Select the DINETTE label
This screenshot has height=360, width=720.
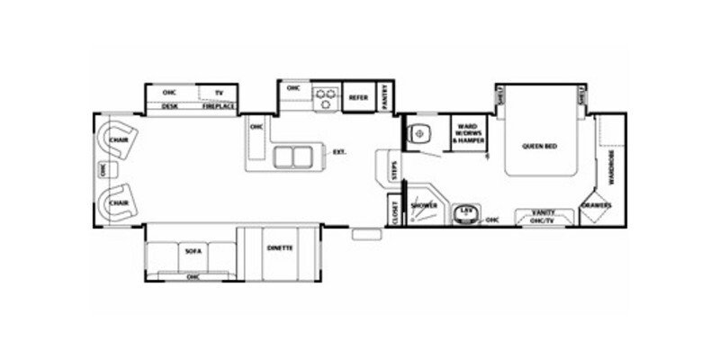click(280, 247)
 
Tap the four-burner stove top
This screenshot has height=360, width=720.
click(323, 97)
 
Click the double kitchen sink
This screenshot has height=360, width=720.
click(292, 157)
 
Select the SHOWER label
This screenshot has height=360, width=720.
click(424, 206)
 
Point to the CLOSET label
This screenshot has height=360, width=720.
click(394, 212)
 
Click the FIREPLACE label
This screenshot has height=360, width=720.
click(218, 107)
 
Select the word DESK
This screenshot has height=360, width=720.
click(168, 107)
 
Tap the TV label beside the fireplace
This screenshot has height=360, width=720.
click(217, 92)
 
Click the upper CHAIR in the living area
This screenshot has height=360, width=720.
click(117, 140)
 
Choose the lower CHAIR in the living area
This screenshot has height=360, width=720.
click(117, 203)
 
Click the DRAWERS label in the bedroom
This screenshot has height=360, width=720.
click(597, 205)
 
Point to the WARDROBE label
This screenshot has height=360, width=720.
click(612, 166)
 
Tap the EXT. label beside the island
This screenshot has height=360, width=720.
click(339, 152)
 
